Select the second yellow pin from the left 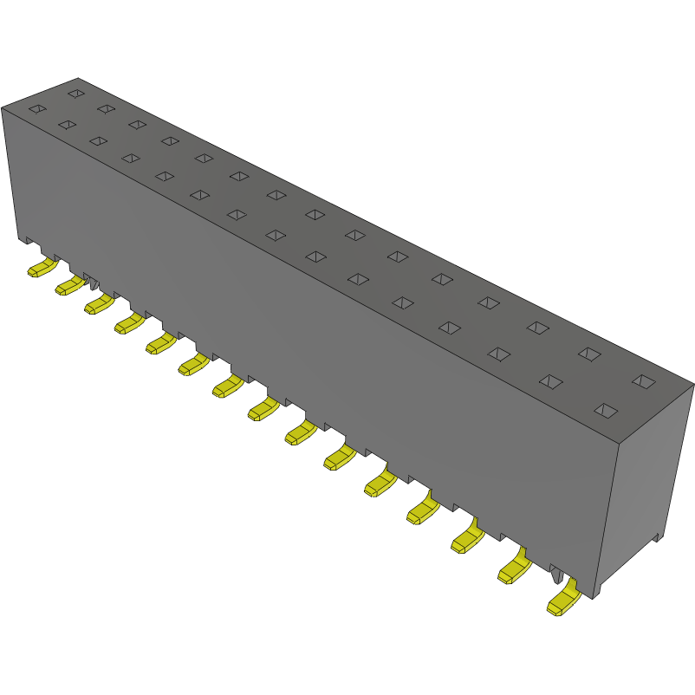[x=68, y=286]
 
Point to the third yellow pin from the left [x=98, y=304]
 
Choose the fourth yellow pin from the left [x=129, y=324]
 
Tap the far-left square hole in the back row [x=76, y=93]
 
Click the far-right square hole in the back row [x=642, y=380]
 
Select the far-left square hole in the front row [x=36, y=109]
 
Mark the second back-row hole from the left [x=106, y=108]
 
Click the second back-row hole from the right [x=589, y=354]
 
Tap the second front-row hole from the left [x=67, y=125]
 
